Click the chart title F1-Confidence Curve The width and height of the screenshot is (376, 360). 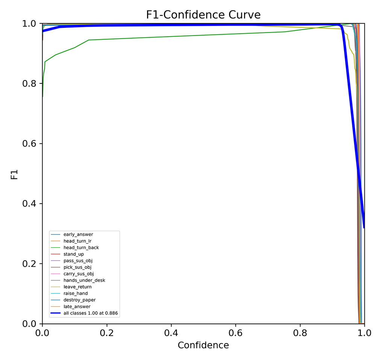pyautogui.click(x=203, y=15)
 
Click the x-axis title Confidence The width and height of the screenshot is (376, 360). pyautogui.click(x=203, y=345)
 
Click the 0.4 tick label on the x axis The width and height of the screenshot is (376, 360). pyautogui.click(x=171, y=333)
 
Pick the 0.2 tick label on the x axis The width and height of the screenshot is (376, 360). pyautogui.click(x=107, y=333)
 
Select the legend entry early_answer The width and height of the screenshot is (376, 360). pyautogui.click(x=78, y=234)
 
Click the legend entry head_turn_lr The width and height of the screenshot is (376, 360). pyautogui.click(x=77, y=241)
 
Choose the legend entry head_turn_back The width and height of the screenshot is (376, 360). pyautogui.click(x=81, y=248)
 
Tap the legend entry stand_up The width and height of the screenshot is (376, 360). pyautogui.click(x=73, y=254)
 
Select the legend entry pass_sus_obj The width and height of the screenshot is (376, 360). pyautogui.click(x=78, y=261)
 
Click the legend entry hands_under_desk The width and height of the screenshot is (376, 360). pyautogui.click(x=84, y=280)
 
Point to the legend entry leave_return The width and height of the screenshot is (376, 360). pyautogui.click(x=77, y=287)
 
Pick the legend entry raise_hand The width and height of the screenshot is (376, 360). pyautogui.click(x=75, y=293)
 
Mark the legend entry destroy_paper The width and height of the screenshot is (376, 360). pyautogui.click(x=79, y=300)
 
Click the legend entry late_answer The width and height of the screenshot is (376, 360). pyautogui.click(x=77, y=307)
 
